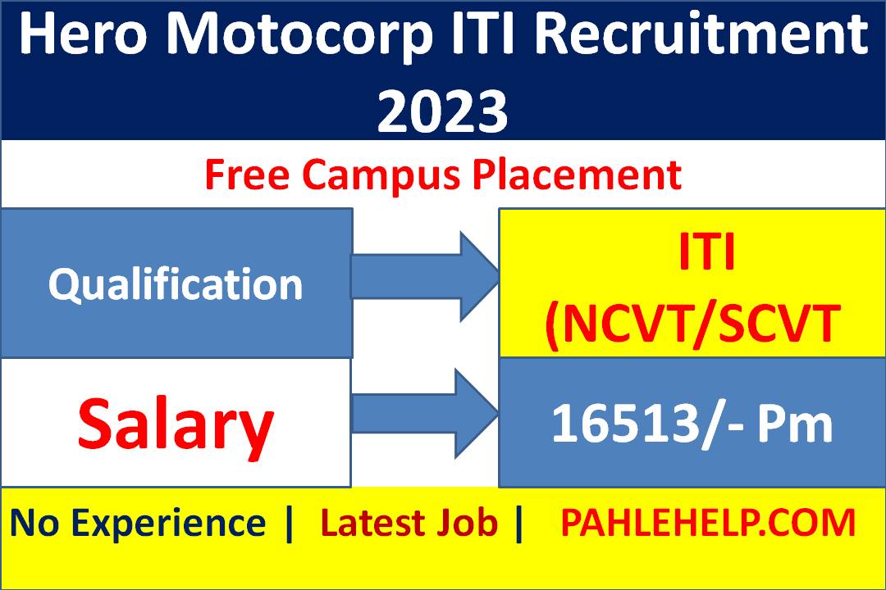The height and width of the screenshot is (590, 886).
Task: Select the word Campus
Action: pos(379,175)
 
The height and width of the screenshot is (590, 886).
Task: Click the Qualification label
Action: pos(176,285)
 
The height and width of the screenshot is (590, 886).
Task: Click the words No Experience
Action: pos(138,523)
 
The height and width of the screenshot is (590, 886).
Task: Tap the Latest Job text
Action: pos(409,523)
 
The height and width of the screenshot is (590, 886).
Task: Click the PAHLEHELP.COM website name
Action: pos(708,523)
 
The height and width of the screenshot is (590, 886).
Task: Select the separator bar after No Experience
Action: pos(288,523)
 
